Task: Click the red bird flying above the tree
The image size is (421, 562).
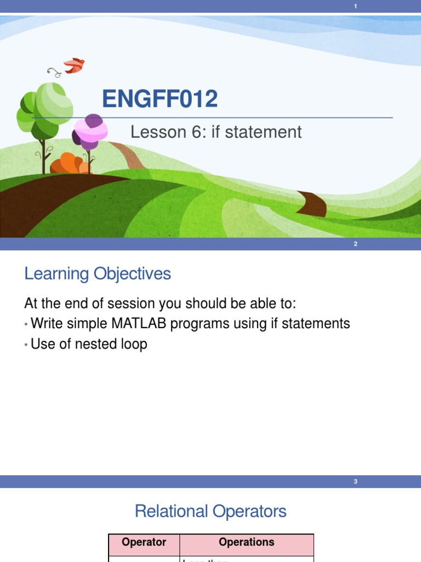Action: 75,65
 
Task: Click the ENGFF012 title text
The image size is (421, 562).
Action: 160,99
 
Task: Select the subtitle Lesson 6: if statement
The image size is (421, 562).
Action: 215,132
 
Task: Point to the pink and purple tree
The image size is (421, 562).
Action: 90,131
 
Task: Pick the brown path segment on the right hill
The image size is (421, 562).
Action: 312,204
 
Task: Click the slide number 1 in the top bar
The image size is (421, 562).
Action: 356,6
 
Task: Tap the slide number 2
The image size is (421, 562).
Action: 356,244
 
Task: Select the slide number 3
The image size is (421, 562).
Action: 356,482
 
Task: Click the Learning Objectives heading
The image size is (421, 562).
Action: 98,274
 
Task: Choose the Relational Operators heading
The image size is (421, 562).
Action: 210,512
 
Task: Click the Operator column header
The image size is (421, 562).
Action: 144,542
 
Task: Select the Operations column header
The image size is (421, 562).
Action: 246,542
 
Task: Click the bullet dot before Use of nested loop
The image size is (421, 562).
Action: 26,345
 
